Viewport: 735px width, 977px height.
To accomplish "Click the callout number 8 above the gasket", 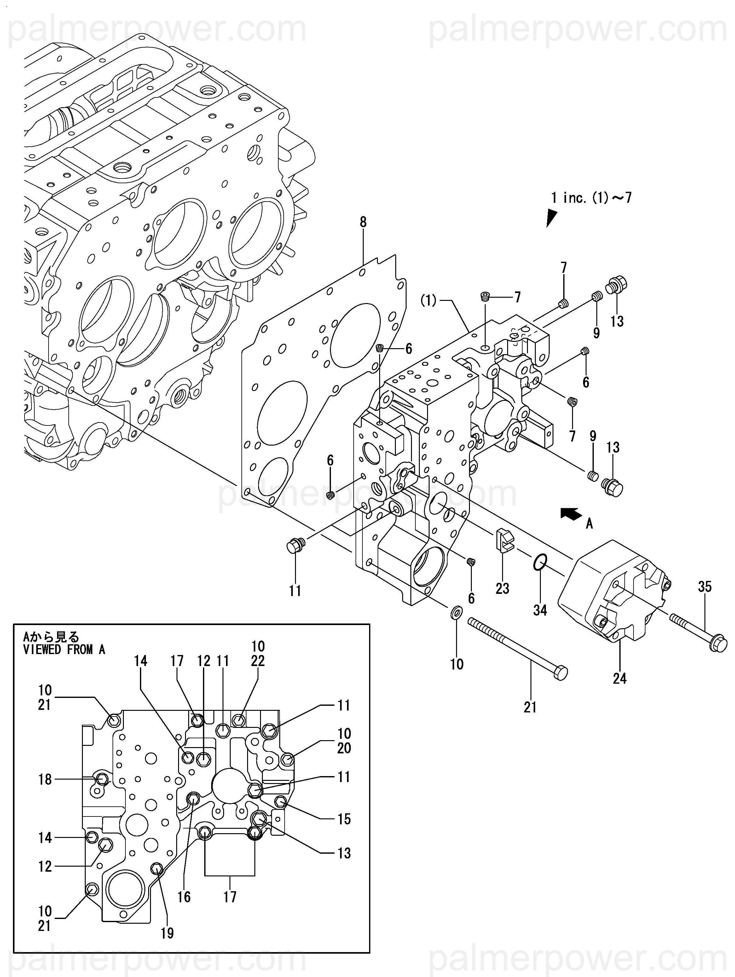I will [x=363, y=222].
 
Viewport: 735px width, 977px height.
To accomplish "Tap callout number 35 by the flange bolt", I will [x=704, y=587].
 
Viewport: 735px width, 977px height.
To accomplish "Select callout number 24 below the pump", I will [x=619, y=678].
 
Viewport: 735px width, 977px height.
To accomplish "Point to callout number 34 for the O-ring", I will [x=540, y=611].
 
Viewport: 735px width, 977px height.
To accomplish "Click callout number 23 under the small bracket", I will [x=502, y=588].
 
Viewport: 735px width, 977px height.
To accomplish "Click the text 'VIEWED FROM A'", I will [x=64, y=649].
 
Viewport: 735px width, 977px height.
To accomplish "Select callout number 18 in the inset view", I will [x=45, y=780].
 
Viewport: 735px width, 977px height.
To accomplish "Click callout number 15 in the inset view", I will [x=344, y=819].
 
